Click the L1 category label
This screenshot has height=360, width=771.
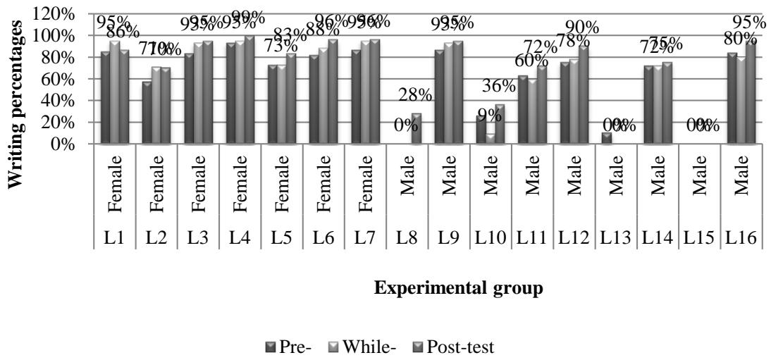pyautogui.click(x=115, y=239)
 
